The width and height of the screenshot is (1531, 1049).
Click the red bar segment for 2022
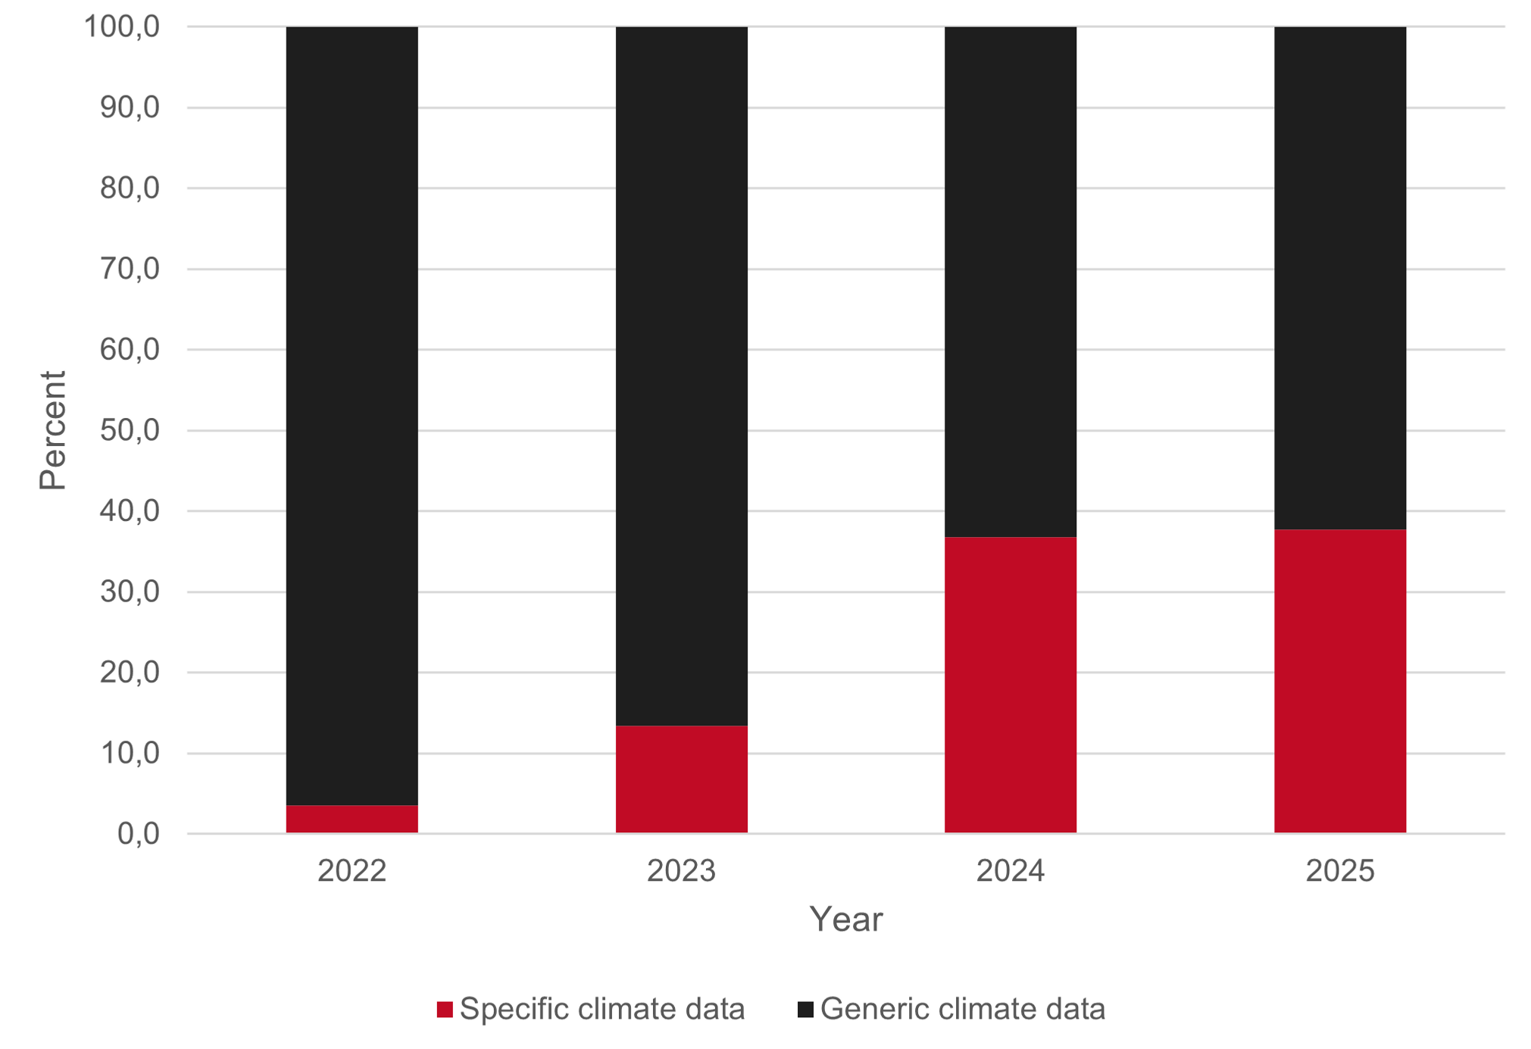click(352, 819)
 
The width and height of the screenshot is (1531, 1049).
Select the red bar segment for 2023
click(681, 779)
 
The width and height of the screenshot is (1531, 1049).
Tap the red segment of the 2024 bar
click(1010, 685)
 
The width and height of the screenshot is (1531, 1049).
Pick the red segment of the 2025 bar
click(1339, 681)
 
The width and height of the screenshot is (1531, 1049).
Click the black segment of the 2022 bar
click(352, 415)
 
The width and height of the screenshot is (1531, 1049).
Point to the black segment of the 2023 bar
click(681, 376)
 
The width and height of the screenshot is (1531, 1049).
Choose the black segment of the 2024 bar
click(1010, 282)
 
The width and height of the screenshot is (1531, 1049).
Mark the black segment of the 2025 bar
click(1339, 277)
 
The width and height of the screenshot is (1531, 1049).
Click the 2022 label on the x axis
click(352, 871)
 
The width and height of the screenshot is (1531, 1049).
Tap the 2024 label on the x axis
click(1010, 871)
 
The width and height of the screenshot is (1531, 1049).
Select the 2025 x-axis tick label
click(1339, 871)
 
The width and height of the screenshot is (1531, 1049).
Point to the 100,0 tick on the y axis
click(121, 27)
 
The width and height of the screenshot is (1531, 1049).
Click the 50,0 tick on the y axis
click(130, 430)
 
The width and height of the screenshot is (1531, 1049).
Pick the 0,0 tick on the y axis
click(138, 834)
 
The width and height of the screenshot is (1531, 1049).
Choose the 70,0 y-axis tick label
click(130, 269)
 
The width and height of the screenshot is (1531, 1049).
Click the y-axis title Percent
click(53, 430)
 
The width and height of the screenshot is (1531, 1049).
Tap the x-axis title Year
click(845, 919)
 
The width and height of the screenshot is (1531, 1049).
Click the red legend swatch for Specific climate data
click(445, 1009)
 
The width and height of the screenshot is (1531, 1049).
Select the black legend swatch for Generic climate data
click(805, 1009)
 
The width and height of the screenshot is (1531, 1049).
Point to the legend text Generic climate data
click(962, 1009)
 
